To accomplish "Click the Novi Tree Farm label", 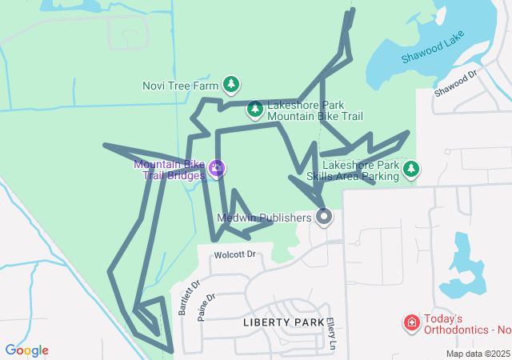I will [x=180, y=86].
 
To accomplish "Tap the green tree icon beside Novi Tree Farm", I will [x=231, y=84].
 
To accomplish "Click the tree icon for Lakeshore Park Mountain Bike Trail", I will [x=254, y=108].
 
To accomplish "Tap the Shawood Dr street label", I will [x=455, y=83].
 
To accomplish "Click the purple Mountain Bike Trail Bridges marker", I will [x=217, y=169].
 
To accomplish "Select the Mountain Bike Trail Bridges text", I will [x=169, y=170].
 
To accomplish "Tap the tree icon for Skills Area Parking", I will [x=411, y=168].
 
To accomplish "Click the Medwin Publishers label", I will [x=264, y=218].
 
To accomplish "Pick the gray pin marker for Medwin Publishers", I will [x=324, y=217].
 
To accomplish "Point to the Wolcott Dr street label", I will [x=234, y=255].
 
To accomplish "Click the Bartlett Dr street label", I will [x=188, y=297].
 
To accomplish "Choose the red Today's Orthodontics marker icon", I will [x=412, y=322].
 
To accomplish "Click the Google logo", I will [x=26, y=350].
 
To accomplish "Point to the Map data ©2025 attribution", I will [x=477, y=354].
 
